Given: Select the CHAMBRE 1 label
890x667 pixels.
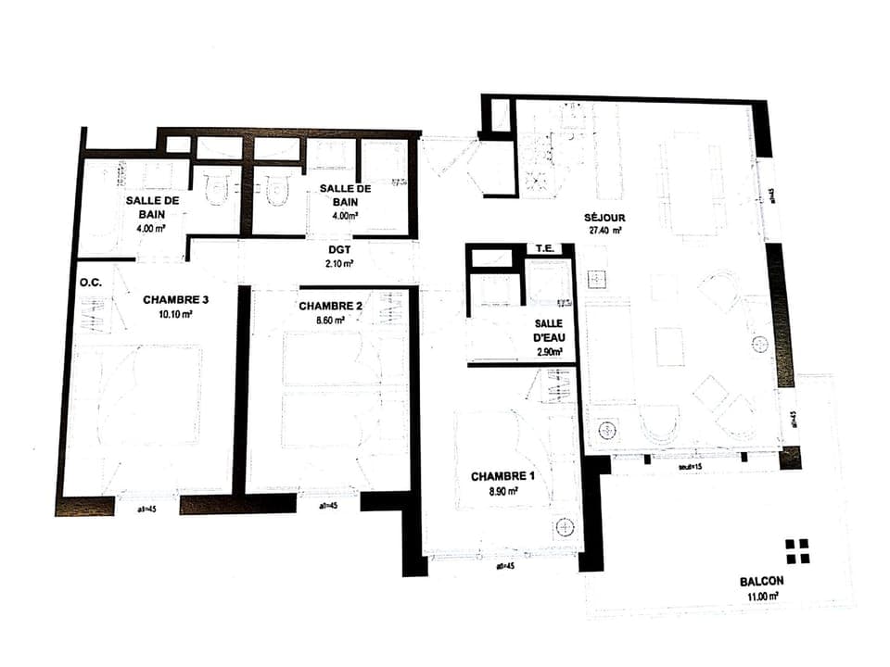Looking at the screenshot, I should pos(502,476).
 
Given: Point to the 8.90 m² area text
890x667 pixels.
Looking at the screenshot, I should pos(502,491).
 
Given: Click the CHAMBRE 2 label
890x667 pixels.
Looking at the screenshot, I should pos(329,306).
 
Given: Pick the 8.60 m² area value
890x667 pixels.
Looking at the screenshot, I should pos(329,320).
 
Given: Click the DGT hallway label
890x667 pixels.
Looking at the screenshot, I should pos(339,248).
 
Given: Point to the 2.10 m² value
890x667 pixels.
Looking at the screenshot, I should pos(339,264).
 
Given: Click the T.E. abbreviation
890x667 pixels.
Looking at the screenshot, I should pos(543,249).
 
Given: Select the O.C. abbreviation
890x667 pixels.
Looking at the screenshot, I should pos(91,283).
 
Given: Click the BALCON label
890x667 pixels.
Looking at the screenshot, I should pos(761,582).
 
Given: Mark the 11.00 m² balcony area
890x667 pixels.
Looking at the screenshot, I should pos(761,598).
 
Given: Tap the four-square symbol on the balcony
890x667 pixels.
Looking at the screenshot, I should pos(796,551).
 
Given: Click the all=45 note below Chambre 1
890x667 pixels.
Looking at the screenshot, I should pos(504,566).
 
